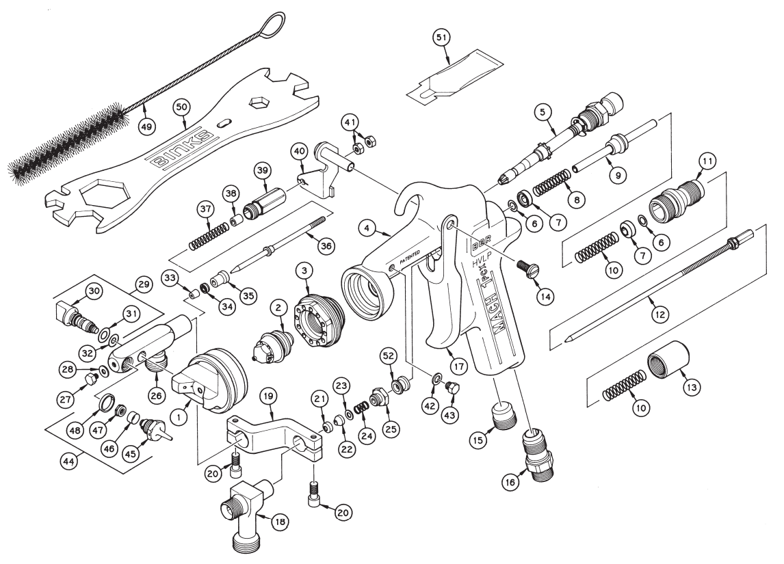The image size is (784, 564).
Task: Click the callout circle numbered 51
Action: tap(442, 38)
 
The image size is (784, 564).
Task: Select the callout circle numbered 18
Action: tap(280, 522)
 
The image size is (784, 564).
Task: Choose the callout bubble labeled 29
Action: tap(142, 282)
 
